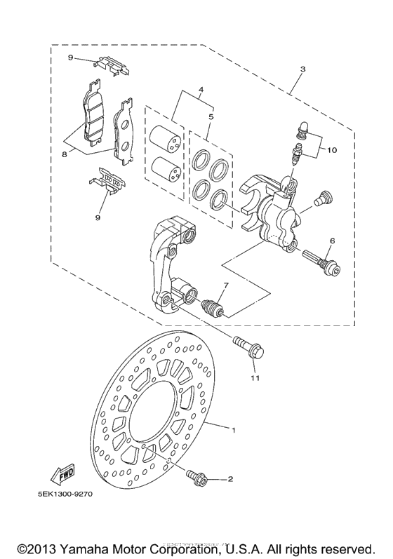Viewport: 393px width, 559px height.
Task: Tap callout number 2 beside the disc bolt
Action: [x=229, y=480]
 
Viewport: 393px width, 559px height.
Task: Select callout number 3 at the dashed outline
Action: [x=302, y=69]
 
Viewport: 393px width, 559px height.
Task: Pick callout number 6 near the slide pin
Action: [x=332, y=241]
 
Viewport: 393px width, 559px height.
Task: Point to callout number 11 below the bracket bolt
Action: [x=255, y=378]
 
